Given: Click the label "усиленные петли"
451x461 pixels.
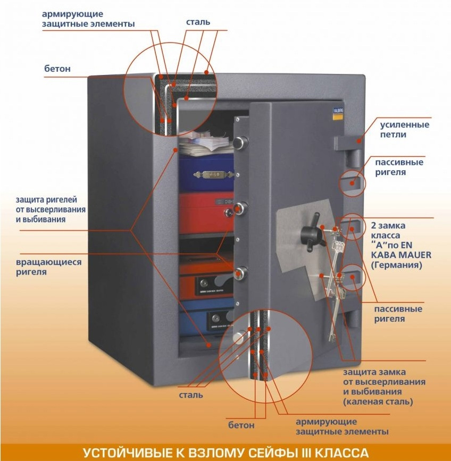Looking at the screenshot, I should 404,130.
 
